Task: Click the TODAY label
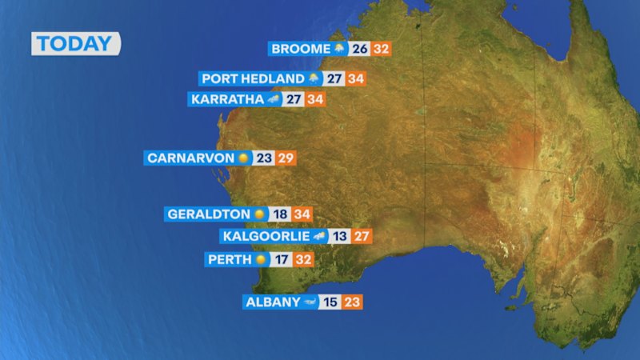75,43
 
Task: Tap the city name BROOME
300,49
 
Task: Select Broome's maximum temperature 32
382,49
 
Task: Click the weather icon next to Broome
340,49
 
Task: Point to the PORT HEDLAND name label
253,78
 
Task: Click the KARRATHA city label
226,100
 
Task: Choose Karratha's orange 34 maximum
315,100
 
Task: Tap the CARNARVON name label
190,158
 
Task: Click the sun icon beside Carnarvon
244,158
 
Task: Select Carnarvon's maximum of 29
286,158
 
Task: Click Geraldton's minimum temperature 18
279,214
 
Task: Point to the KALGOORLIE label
266,236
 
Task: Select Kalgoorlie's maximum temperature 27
361,236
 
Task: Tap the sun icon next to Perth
261,260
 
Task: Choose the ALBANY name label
272,302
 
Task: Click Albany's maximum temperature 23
353,302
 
